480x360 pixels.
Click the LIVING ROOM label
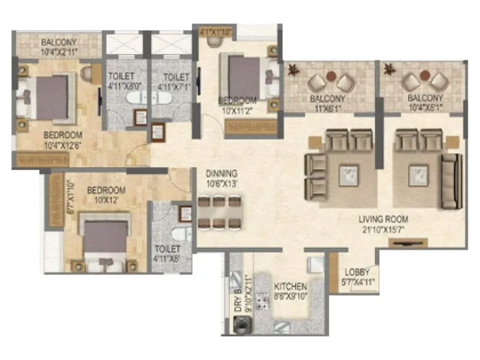(x=384, y=220)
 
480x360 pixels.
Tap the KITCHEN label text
(x=290, y=287)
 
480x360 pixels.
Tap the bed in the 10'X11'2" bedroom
(x=244, y=78)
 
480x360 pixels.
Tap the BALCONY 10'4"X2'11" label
(x=58, y=47)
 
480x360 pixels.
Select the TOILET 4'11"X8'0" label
(x=125, y=81)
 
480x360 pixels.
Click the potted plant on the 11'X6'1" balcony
(x=293, y=71)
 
